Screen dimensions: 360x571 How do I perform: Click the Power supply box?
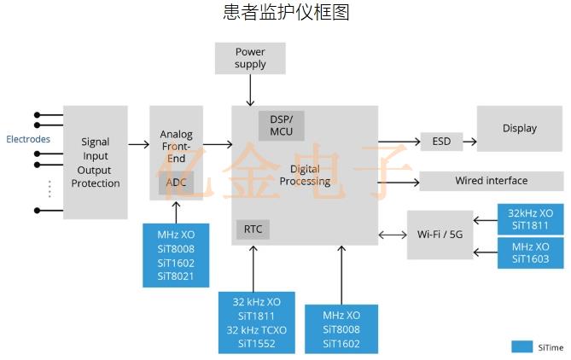[250, 58]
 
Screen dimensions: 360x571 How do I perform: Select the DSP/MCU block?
[281, 125]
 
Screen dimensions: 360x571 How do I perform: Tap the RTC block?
[253, 229]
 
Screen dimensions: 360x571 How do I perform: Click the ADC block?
[176, 183]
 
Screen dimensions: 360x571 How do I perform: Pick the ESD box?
[441, 142]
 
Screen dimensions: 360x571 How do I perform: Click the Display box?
[519, 129]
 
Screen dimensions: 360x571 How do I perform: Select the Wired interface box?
[491, 181]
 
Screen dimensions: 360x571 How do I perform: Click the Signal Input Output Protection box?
[96, 162]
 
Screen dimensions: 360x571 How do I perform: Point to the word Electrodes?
[28, 139]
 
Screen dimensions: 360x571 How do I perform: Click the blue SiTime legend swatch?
[522, 346]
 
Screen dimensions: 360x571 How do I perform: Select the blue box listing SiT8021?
[176, 254]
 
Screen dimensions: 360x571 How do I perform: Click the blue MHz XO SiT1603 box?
[530, 253]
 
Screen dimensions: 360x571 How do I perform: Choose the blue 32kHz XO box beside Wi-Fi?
[530, 219]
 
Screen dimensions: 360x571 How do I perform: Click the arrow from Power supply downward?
[250, 90]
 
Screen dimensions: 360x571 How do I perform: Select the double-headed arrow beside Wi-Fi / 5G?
[392, 235]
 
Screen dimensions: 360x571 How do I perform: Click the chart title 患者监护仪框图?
[286, 13]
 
